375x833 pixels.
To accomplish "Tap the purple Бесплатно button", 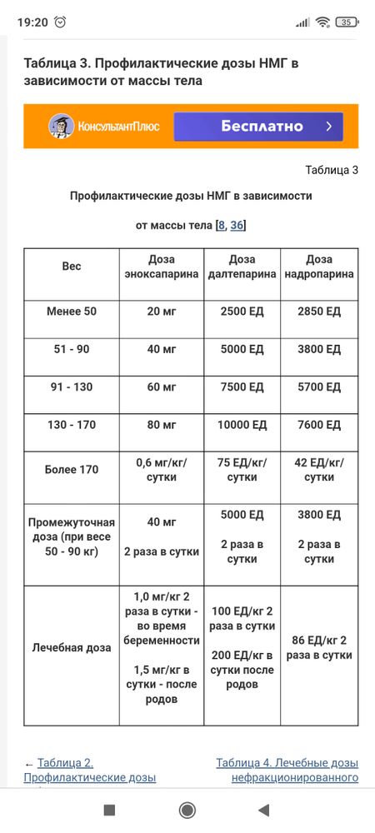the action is pyautogui.click(x=258, y=127).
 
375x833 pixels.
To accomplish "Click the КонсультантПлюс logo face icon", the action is pyautogui.click(x=59, y=127).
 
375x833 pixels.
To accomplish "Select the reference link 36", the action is pyautogui.click(x=237, y=225).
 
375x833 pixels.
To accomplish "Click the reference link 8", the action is pyautogui.click(x=221, y=225).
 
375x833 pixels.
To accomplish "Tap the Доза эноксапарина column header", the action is pyautogui.click(x=162, y=267).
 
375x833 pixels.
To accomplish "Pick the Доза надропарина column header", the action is pyautogui.click(x=319, y=267).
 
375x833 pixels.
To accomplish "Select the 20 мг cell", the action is pyautogui.click(x=162, y=312).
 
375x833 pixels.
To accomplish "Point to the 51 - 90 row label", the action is pyautogui.click(x=72, y=349).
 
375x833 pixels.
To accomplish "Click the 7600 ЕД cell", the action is pyautogui.click(x=319, y=425).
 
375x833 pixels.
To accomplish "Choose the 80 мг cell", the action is pyautogui.click(x=162, y=425).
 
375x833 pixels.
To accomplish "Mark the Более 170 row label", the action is pyautogui.click(x=72, y=470).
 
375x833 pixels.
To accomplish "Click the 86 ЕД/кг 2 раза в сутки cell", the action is pyautogui.click(x=319, y=647).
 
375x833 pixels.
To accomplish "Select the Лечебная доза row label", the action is pyautogui.click(x=72, y=647).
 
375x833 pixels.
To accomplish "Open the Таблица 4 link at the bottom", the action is pyautogui.click(x=287, y=771).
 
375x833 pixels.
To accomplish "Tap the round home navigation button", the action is pyautogui.click(x=187, y=810).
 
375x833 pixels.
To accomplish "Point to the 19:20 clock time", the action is pyautogui.click(x=32, y=22).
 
